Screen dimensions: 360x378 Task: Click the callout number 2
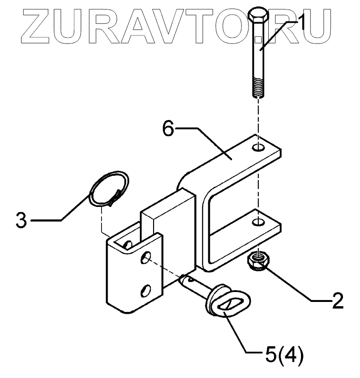point(337,301)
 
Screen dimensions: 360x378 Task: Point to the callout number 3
point(20,220)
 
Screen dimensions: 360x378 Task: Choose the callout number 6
point(169,129)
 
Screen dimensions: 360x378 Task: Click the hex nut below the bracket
point(258,260)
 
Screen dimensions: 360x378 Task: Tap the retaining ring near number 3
point(109,189)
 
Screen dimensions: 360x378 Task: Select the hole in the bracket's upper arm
point(258,148)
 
